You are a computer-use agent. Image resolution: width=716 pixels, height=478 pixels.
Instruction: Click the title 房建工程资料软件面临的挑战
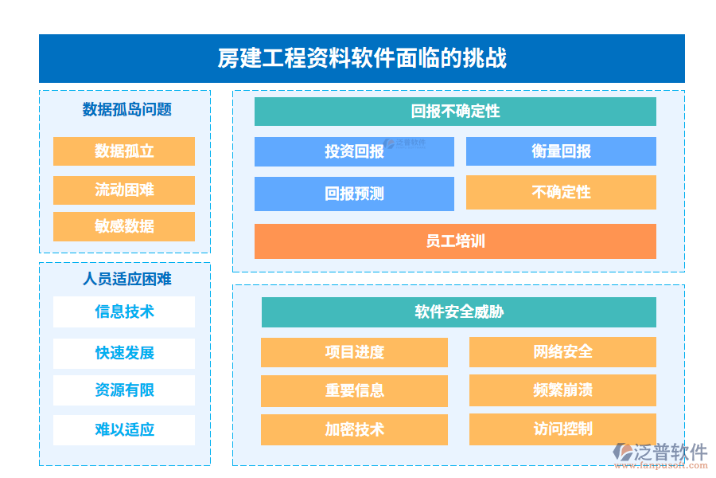click(362, 58)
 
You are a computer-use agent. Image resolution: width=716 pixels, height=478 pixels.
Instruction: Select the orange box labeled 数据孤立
click(124, 151)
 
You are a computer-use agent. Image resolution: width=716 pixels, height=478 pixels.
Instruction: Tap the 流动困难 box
click(124, 190)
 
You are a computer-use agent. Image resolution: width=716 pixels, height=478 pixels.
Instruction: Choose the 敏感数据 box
click(124, 226)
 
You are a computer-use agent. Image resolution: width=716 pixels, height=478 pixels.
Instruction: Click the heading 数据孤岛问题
click(126, 110)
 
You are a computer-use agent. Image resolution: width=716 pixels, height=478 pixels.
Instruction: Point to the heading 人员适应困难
click(126, 279)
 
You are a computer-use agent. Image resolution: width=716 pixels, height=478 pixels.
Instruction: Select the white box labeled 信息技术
click(124, 311)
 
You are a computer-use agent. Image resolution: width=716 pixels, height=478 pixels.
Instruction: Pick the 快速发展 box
click(124, 353)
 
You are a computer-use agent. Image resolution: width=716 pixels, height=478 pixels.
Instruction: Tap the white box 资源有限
click(124, 390)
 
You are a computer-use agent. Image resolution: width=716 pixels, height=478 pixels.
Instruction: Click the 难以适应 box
click(124, 429)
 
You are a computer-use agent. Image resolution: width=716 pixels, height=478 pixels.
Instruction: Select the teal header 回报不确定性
click(455, 112)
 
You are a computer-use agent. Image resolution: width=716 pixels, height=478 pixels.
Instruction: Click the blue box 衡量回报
click(561, 151)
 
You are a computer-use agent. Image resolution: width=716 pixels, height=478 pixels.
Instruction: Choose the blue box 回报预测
click(354, 194)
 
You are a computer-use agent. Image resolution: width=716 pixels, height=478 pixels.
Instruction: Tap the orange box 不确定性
click(561, 192)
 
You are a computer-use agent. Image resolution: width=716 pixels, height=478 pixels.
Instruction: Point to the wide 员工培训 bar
click(455, 241)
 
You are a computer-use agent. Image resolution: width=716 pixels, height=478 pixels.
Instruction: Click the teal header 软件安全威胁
click(458, 311)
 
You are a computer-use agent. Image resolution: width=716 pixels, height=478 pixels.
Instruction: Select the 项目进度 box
click(354, 352)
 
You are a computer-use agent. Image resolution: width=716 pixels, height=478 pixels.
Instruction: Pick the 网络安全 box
click(562, 352)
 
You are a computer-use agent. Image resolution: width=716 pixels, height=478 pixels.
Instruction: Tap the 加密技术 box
click(354, 429)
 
